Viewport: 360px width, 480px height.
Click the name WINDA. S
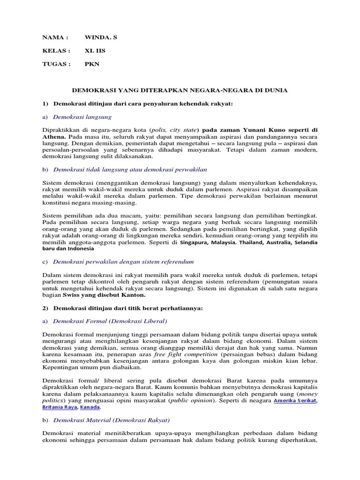[101, 37]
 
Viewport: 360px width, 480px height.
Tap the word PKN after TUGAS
[92, 64]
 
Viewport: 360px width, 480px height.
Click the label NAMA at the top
[55, 37]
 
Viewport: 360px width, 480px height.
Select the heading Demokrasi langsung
[82, 117]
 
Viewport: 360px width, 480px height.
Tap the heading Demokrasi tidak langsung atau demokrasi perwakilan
[130, 169]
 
